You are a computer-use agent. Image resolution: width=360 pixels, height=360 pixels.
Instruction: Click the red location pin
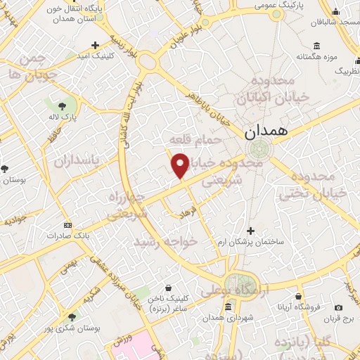pyautogui.click(x=180, y=165)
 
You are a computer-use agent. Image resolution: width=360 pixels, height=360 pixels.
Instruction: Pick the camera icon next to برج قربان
pyautogui.click(x=339, y=308)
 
